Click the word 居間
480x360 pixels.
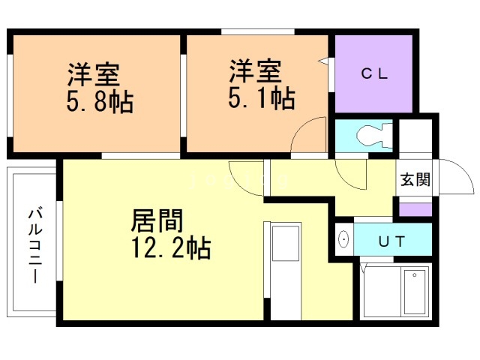pos(157,220)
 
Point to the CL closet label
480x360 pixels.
pos(373,73)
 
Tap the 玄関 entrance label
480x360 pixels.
pos(414,180)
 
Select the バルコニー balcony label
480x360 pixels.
pos(34,244)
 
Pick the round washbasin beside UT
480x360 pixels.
pos(343,240)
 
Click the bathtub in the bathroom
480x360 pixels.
pos(413,292)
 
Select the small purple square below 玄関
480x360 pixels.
pos(415,208)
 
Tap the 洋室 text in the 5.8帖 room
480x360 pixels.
pos(94,75)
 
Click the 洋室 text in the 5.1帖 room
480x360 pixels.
pos(255,73)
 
